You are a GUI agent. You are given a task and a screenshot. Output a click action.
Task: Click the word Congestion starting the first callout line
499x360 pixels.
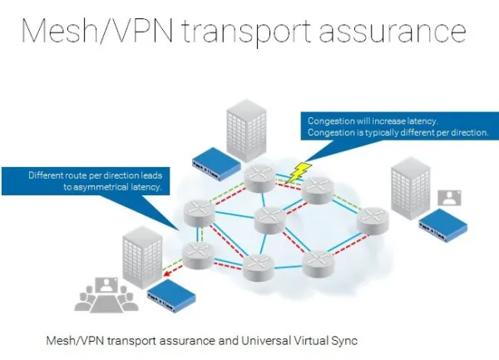329,121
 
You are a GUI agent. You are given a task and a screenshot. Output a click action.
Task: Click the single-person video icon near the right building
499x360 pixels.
450,198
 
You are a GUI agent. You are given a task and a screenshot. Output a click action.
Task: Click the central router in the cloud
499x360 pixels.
270,219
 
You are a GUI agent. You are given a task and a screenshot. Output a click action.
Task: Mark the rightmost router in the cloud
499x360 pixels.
372,221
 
